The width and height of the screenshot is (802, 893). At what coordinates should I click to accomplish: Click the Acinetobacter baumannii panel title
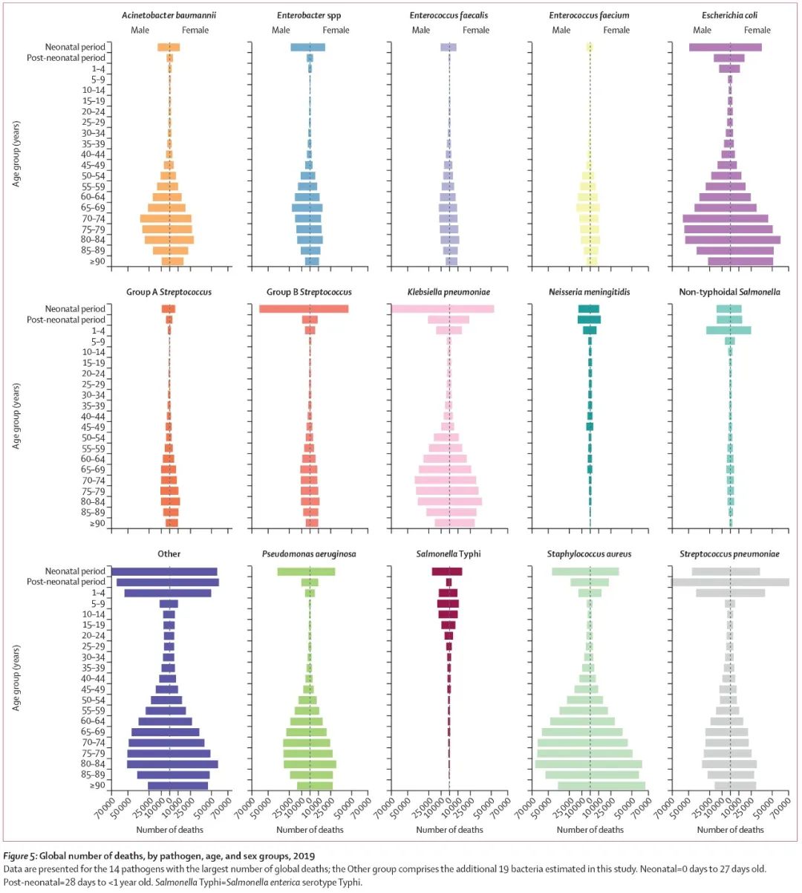169,15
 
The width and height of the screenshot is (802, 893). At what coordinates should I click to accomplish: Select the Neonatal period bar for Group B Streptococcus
304,309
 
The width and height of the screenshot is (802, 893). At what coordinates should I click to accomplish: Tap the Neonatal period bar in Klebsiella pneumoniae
443,309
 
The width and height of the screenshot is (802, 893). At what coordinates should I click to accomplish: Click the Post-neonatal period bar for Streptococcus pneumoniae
731,582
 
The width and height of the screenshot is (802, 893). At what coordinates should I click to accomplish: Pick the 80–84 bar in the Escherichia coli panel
732,240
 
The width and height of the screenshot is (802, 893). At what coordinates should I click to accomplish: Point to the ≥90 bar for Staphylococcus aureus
601,785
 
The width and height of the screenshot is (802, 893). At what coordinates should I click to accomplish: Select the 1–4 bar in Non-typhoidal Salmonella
728,331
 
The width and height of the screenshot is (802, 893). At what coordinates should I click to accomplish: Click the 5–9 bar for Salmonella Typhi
448,604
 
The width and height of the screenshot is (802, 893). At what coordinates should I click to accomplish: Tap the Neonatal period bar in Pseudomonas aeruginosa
306,571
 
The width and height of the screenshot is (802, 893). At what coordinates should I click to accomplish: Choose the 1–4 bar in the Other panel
168,593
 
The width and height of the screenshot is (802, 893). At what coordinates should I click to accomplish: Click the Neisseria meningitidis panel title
590,292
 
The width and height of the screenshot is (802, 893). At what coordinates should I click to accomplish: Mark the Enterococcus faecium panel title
590,15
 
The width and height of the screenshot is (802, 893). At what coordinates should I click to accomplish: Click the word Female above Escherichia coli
757,30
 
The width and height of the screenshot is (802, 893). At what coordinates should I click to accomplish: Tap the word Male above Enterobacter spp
281,30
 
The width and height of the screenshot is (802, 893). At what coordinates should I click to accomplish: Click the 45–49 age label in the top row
94,165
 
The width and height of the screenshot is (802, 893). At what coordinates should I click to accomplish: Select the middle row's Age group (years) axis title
16,416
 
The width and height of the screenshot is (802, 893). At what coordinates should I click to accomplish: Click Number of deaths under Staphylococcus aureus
590,829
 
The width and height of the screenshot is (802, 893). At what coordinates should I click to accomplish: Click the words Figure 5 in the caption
23,857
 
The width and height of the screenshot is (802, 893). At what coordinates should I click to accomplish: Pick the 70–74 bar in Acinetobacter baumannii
166,218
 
